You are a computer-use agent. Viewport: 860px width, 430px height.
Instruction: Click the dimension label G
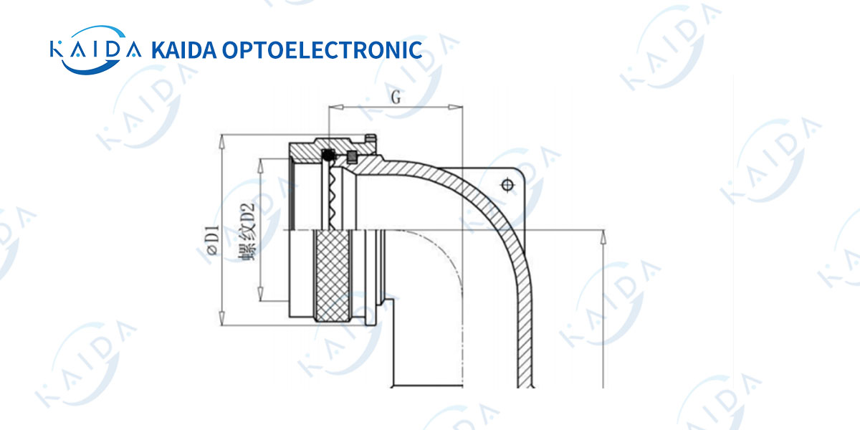[396, 97]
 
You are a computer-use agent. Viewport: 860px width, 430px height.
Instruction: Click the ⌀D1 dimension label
[213, 240]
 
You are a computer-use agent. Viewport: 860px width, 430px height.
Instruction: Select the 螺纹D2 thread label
[247, 232]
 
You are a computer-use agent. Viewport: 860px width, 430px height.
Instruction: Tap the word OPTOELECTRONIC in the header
[322, 50]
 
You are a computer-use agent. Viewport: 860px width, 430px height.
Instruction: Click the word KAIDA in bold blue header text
[184, 50]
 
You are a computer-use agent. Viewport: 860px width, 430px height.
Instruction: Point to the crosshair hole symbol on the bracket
[507, 186]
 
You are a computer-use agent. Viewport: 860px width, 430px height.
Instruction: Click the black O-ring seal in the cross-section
[328, 155]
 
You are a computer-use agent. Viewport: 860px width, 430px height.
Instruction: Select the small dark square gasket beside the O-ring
[352, 157]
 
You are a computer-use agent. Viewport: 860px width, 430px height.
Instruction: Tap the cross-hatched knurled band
[332, 276]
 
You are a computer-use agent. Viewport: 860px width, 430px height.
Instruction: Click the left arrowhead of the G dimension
[336, 107]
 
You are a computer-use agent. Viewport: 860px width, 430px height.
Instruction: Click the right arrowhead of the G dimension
[455, 107]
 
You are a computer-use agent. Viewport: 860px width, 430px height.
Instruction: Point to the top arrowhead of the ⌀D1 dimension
[221, 142]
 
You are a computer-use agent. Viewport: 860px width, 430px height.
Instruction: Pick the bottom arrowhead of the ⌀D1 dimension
[221, 318]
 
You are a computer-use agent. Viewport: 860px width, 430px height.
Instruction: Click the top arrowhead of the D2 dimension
[261, 166]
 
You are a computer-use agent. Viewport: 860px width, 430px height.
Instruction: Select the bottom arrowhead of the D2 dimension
[261, 294]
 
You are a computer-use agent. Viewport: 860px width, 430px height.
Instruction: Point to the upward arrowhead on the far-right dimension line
[603, 238]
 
